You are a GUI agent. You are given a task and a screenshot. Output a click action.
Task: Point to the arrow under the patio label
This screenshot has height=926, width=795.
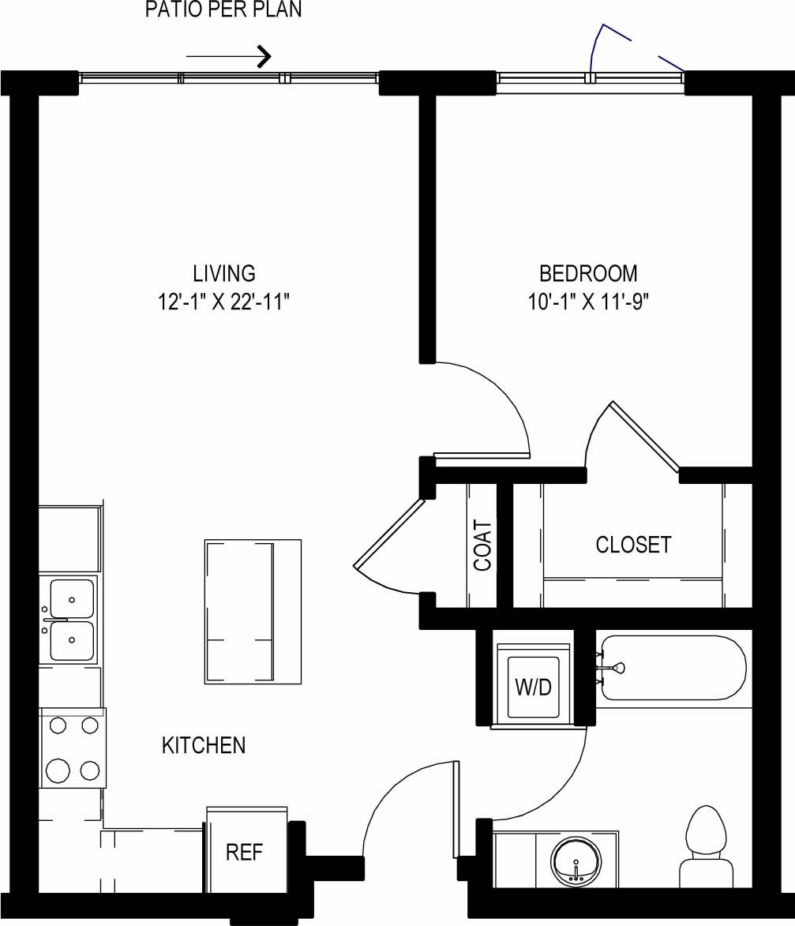tap(229, 56)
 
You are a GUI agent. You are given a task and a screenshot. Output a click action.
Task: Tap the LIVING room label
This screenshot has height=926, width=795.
tap(224, 274)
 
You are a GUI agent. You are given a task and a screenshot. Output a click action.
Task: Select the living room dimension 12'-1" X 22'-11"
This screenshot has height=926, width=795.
tap(224, 302)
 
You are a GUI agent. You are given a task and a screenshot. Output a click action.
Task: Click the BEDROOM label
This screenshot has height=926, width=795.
tap(588, 274)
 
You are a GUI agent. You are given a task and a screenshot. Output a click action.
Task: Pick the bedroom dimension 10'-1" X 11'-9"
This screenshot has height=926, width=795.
tap(588, 302)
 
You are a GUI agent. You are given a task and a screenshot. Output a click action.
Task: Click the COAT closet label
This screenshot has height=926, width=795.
tap(482, 545)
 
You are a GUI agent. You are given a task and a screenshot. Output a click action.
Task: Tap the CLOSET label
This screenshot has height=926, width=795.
tap(633, 545)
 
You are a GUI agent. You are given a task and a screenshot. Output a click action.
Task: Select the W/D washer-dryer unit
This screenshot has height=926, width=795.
tap(533, 684)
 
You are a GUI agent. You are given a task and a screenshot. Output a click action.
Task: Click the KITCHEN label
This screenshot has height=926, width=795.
tap(204, 744)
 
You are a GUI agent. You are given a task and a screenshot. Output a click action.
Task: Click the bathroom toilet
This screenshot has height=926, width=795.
tap(706, 846)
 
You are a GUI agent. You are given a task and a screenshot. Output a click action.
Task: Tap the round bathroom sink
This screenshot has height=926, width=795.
tap(577, 860)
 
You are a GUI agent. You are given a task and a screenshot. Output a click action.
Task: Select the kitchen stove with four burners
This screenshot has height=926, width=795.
tap(73, 747)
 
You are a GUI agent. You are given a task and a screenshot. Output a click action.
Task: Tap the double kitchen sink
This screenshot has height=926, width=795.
tap(71, 620)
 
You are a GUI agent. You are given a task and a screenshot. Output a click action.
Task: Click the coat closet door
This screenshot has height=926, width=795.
tap(389, 534)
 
